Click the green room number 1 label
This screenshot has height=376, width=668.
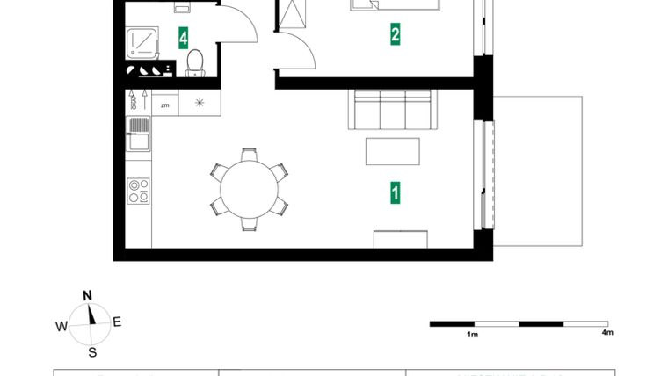point(396,192)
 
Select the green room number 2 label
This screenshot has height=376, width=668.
point(396,35)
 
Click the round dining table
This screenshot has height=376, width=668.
point(249,189)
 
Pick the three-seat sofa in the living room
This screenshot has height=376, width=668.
point(391,110)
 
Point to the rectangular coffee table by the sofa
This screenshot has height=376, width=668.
point(392,150)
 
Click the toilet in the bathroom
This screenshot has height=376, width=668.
point(195,61)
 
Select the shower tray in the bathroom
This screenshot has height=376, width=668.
point(141,42)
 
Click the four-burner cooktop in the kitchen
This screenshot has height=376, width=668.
point(139,191)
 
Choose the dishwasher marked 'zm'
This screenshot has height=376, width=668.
point(164,104)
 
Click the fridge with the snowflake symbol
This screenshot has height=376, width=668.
point(200,104)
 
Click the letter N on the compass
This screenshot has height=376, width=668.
point(88,295)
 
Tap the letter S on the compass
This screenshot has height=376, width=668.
point(91,352)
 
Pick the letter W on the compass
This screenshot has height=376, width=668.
point(61,326)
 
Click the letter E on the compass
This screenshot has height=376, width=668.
point(117,322)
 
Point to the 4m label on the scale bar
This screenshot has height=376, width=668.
point(606,333)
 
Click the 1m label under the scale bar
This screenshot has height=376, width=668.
point(472,334)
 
